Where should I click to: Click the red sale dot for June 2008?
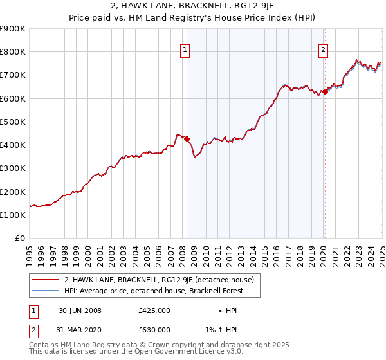187,139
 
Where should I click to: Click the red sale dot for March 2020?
325,91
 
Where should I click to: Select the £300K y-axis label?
13,168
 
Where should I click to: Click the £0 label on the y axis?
19,239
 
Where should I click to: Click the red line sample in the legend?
44,280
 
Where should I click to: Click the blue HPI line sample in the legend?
44,291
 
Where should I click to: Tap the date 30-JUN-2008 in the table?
80,310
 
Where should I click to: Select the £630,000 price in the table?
154,330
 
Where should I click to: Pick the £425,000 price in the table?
154,310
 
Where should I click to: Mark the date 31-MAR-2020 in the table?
80,330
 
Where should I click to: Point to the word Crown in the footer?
137,345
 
